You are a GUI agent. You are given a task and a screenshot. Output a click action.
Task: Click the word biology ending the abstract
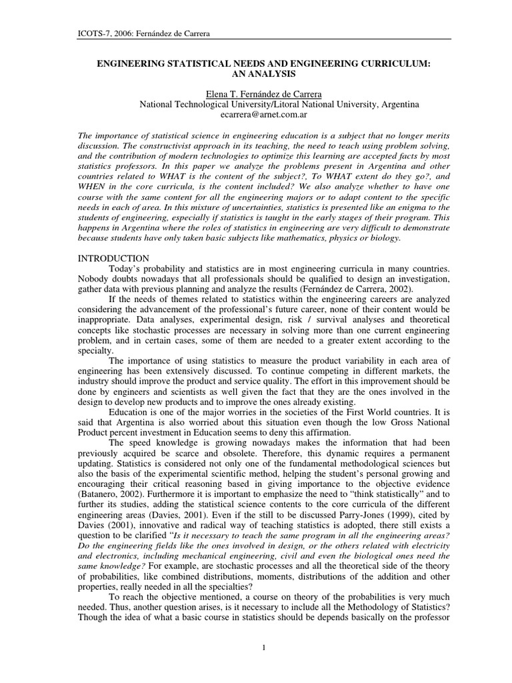click(x=386, y=237)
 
